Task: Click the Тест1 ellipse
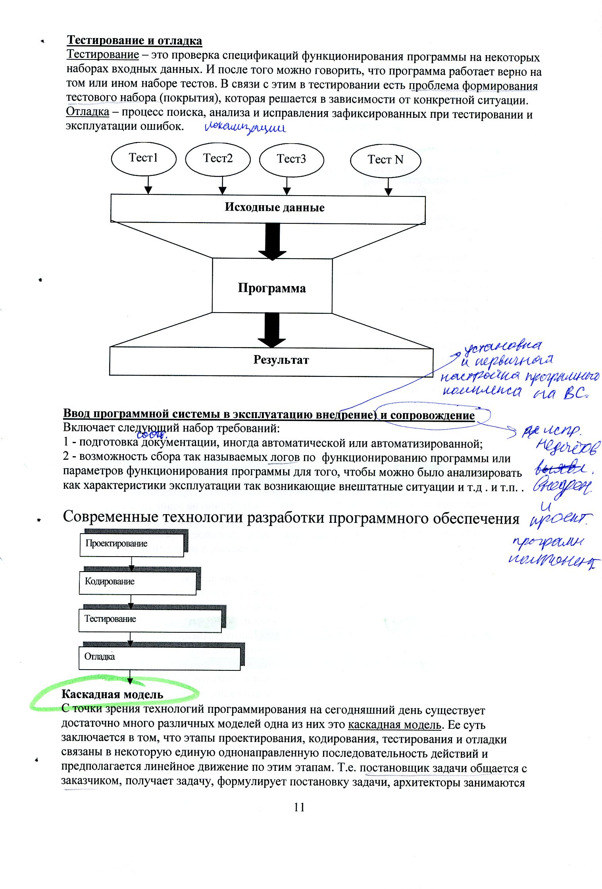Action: pyautogui.click(x=144, y=159)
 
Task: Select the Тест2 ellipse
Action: pyautogui.click(x=218, y=159)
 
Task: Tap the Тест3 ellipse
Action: pyautogui.click(x=291, y=159)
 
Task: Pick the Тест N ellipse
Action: pyautogui.click(x=385, y=160)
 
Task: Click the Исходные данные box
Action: pyautogui.click(x=268, y=208)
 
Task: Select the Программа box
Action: pyautogui.click(x=272, y=286)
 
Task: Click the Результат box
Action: pyautogui.click(x=271, y=361)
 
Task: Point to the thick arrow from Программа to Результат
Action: pyautogui.click(x=272, y=329)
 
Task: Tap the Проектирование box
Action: pyautogui.click(x=132, y=544)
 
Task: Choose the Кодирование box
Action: pyautogui.click(x=138, y=582)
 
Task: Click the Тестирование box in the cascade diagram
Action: pyautogui.click(x=150, y=620)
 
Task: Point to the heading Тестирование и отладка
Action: pyautogui.click(x=135, y=40)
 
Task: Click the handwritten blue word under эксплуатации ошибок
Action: pyautogui.click(x=245, y=128)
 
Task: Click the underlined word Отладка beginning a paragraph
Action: pyautogui.click(x=87, y=112)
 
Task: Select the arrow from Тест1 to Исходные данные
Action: pyautogui.click(x=148, y=184)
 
